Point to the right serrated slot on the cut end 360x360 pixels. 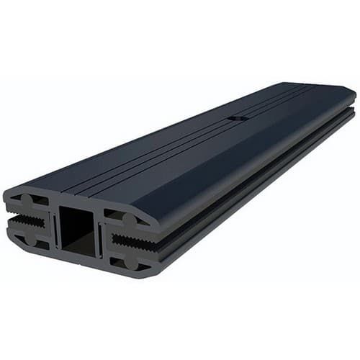(x=129, y=243)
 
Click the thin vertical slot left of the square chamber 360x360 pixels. (x=54, y=229)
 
